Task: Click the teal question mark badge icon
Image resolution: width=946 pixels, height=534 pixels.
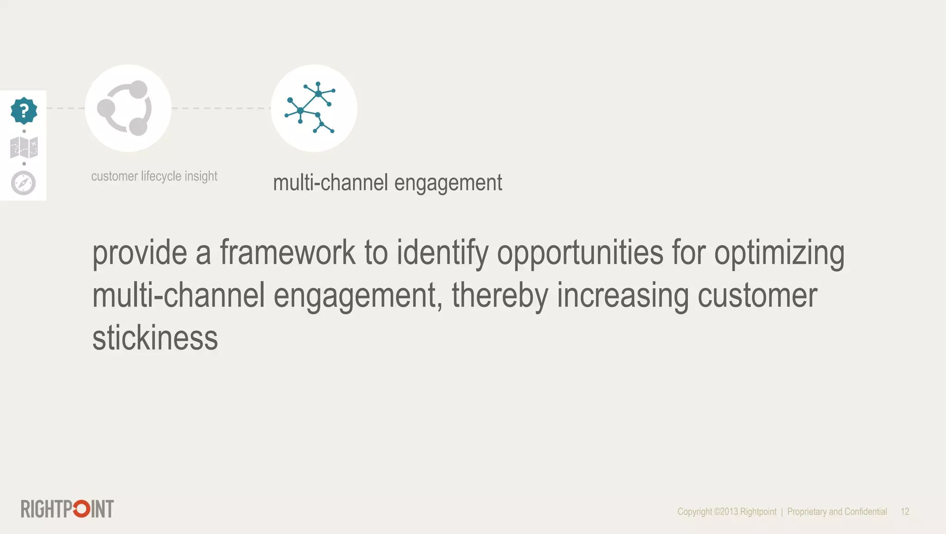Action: click(x=24, y=111)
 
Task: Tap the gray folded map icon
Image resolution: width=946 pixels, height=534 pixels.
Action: click(x=24, y=147)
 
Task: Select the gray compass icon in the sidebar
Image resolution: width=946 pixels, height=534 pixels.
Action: click(x=24, y=183)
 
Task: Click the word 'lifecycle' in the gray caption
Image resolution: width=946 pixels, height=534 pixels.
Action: click(x=161, y=176)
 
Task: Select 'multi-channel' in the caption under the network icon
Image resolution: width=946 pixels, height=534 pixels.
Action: click(x=330, y=183)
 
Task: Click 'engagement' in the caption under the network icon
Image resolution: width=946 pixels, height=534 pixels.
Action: click(x=448, y=183)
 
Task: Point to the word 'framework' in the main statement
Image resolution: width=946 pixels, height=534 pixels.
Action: click(x=287, y=252)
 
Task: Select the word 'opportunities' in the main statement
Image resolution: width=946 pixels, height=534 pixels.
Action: click(x=580, y=253)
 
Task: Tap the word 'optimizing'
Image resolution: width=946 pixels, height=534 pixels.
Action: click(x=779, y=253)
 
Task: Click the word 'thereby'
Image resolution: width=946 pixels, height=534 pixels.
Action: click(x=499, y=296)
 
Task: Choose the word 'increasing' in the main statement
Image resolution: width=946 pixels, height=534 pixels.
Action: click(x=622, y=296)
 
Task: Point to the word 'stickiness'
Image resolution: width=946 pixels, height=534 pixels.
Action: click(x=155, y=338)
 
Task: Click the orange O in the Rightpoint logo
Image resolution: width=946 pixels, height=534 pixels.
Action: click(x=81, y=509)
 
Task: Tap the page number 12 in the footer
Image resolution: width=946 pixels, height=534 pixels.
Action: click(x=905, y=511)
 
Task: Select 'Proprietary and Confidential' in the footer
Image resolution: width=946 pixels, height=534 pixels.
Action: click(x=837, y=511)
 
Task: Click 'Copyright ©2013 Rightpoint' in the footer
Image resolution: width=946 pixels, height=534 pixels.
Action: click(x=727, y=511)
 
